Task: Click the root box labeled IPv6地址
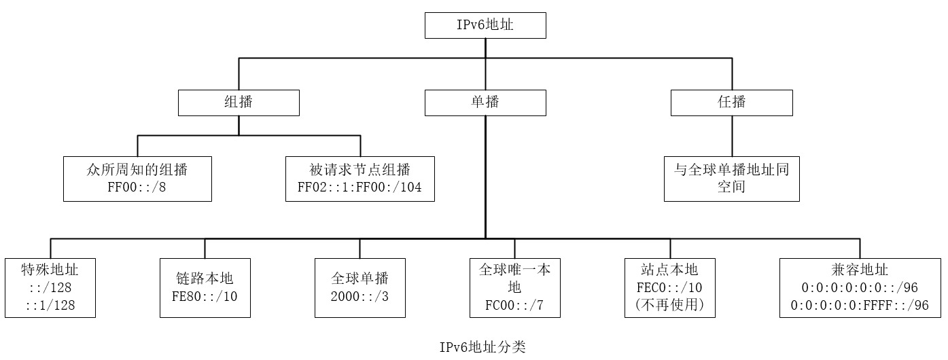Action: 485,26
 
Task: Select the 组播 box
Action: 239,102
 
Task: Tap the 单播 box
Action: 485,102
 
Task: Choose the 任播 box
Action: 732,102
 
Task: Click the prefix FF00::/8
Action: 137,187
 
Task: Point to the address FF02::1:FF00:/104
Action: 359,187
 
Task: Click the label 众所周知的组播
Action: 137,170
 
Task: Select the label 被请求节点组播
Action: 359,170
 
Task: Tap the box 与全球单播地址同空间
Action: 731,179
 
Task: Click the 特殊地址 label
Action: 50,270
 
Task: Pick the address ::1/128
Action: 50,306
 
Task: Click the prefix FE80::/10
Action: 205,296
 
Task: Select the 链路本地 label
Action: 205,279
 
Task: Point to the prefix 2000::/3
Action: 359,296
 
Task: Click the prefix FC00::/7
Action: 514,305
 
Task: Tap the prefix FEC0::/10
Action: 670,288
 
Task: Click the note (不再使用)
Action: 670,306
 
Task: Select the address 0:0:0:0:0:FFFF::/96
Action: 860,306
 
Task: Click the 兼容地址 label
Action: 860,270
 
